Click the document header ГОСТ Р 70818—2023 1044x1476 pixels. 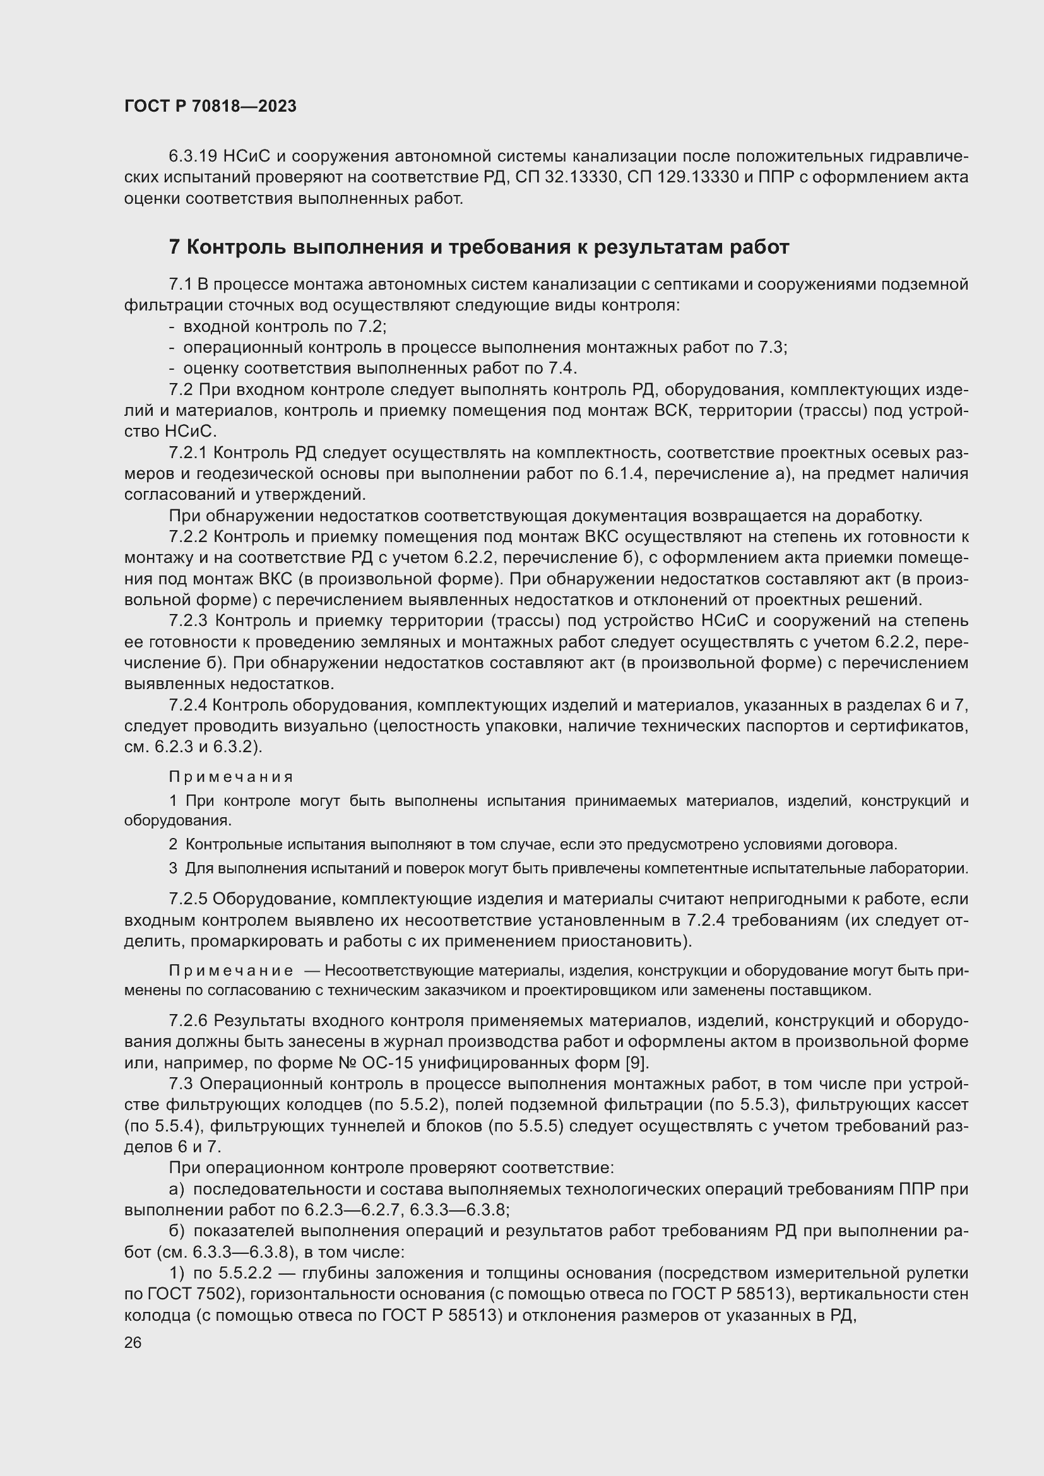pyautogui.click(x=210, y=106)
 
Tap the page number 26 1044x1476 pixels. pyautogui.click(x=133, y=1342)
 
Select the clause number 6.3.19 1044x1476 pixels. pyautogui.click(x=194, y=156)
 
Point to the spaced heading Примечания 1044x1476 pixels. pyautogui.click(x=231, y=777)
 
